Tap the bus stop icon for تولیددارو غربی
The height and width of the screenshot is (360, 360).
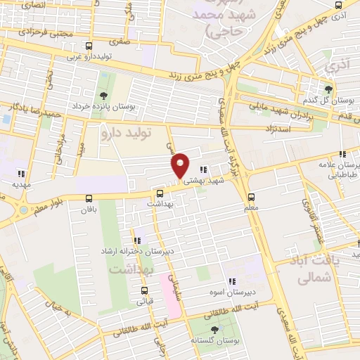(88, 46)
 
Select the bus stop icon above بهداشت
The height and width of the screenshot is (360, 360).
(160, 193)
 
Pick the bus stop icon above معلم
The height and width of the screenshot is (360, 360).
(254, 197)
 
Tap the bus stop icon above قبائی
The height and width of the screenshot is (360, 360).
(144, 291)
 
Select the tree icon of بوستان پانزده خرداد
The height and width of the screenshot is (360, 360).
(104, 96)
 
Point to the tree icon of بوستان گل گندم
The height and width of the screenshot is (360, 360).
(328, 89)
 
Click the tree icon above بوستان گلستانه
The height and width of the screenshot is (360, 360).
(214, 330)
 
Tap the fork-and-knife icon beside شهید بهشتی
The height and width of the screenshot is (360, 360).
(203, 169)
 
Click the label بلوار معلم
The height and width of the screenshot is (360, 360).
(43, 204)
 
